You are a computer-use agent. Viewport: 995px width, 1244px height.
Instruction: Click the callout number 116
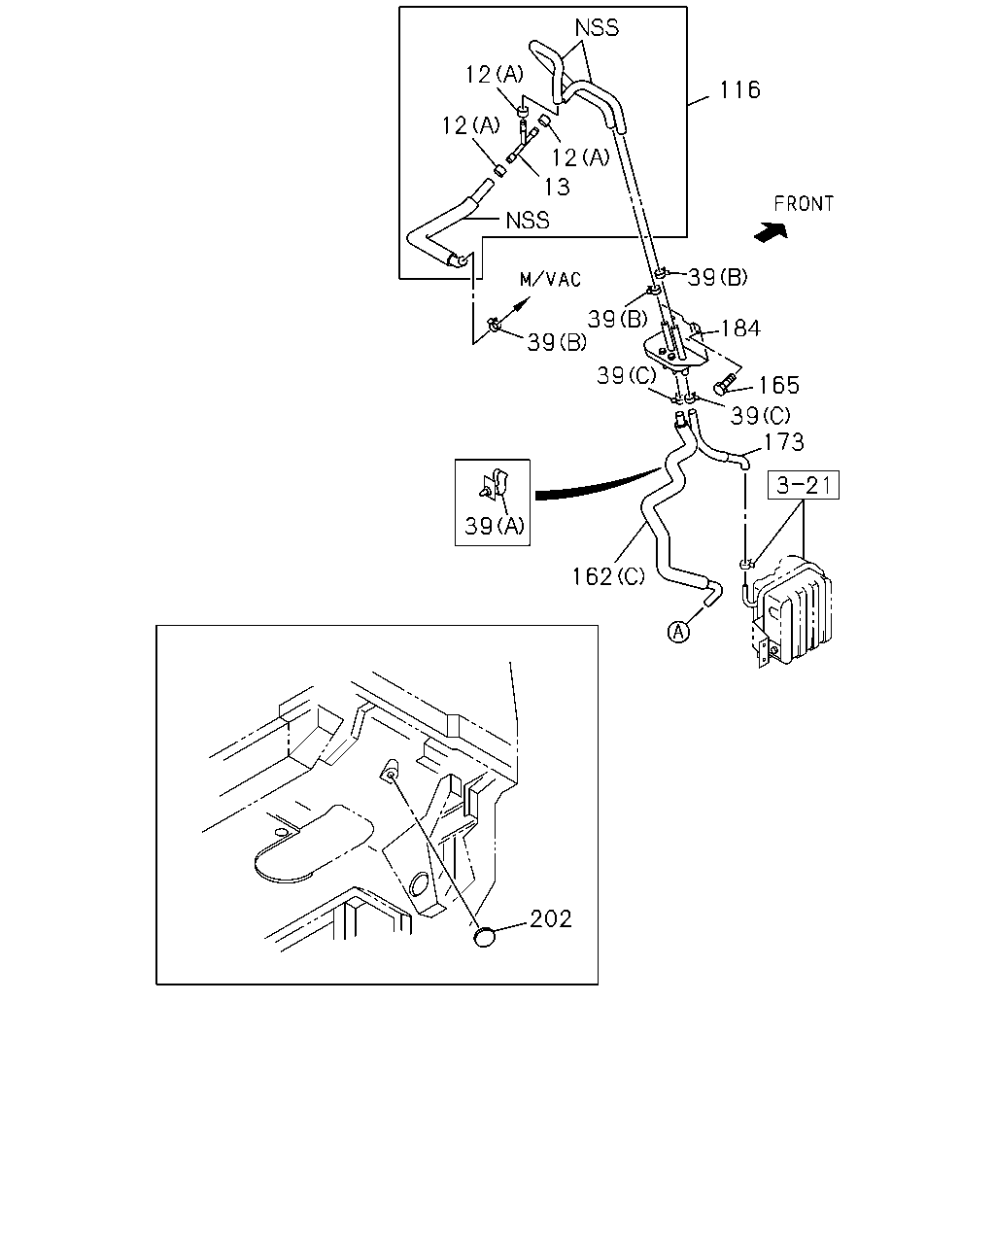(739, 89)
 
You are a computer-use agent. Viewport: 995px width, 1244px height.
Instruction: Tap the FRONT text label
(804, 203)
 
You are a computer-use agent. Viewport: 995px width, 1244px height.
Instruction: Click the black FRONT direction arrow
(772, 232)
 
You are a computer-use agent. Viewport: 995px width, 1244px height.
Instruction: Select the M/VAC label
(550, 279)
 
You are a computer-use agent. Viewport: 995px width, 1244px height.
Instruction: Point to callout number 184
(740, 328)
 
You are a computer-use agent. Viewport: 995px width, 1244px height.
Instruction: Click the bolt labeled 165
(725, 383)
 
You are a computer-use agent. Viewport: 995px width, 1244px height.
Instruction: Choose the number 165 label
(778, 385)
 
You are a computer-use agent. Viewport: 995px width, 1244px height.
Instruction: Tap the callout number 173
(784, 442)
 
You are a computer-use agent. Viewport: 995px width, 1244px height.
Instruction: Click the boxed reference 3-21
(803, 485)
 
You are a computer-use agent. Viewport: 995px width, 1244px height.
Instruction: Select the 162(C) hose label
(608, 576)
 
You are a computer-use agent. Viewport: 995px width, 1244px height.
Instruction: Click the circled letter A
(678, 632)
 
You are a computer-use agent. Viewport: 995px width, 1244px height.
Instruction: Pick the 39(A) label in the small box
(495, 526)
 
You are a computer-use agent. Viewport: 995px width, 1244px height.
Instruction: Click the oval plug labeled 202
(485, 937)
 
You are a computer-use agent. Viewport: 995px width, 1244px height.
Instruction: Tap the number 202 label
(550, 919)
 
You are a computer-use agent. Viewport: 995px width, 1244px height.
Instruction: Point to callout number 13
(557, 187)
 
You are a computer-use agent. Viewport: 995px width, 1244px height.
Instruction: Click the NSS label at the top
(597, 28)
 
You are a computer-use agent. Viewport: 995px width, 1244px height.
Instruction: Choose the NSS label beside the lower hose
(528, 221)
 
